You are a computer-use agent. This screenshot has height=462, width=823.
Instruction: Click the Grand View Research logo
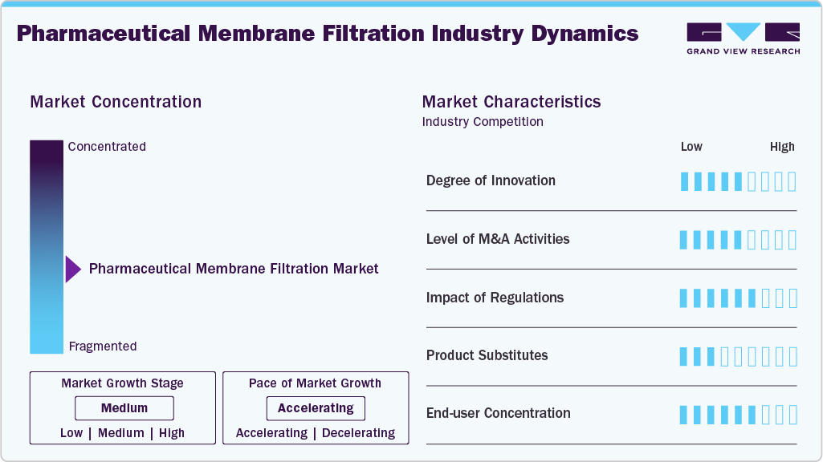[x=743, y=38]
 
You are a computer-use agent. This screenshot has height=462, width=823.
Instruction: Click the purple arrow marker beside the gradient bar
[x=73, y=269]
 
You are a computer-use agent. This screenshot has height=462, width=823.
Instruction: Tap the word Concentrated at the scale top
[x=107, y=147]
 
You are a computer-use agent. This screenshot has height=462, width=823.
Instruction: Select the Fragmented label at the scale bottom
[x=103, y=346]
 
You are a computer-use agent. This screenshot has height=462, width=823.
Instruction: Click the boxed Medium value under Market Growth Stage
[x=124, y=408]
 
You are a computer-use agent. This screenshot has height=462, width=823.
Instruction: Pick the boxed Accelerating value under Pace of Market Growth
[x=316, y=408]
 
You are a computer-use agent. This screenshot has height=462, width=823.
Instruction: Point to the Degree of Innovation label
[x=491, y=180]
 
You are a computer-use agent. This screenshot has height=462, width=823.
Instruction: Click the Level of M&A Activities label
[x=498, y=239]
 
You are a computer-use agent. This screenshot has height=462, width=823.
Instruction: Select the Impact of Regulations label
[x=495, y=298]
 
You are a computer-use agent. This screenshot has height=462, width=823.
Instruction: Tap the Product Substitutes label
[x=487, y=355]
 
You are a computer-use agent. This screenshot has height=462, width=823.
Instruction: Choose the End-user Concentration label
[x=498, y=413]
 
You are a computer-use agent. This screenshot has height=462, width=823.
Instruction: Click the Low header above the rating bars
[x=691, y=147]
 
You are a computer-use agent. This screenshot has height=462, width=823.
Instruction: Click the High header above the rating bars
[x=782, y=147]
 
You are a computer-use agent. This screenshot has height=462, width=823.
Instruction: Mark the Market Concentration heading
[x=116, y=102]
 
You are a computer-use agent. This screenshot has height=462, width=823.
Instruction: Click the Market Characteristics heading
[x=511, y=102]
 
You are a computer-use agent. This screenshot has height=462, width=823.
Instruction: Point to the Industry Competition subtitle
[x=483, y=122]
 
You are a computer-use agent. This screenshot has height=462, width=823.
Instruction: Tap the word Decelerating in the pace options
[x=358, y=433]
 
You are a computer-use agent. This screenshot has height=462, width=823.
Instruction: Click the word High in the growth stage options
[x=172, y=433]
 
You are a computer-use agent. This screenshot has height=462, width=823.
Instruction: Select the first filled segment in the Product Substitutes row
[x=684, y=356]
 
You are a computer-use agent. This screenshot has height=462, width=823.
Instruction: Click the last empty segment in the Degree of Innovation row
[x=792, y=181]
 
